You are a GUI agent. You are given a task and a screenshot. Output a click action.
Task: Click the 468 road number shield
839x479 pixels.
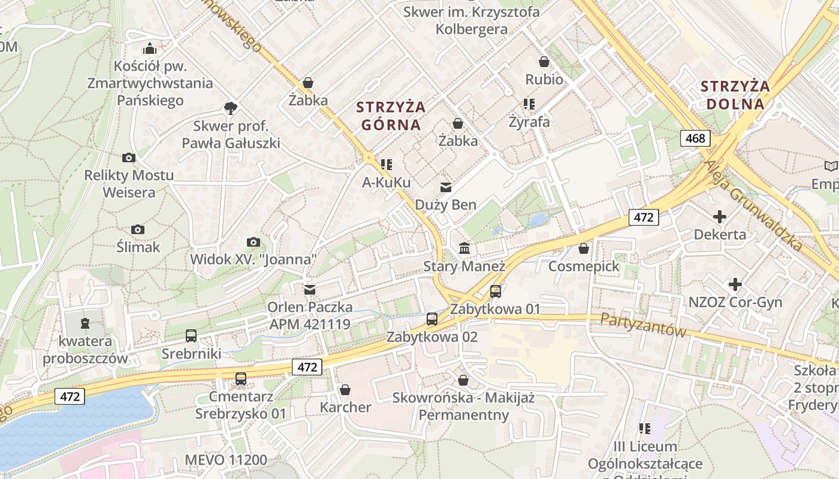pos(695,139)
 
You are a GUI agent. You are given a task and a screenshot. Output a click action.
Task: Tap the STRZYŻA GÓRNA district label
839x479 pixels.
pos(391,116)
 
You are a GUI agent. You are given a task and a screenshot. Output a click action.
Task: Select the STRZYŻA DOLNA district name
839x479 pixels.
pos(735,95)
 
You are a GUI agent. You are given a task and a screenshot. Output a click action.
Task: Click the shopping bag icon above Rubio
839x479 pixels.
pos(544,62)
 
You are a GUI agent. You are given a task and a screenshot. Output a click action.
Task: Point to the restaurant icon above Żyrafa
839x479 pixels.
pos(529,104)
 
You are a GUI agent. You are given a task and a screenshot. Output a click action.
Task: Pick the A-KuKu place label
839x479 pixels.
pos(387,182)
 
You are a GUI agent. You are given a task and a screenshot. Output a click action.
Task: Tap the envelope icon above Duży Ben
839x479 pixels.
pos(446,187)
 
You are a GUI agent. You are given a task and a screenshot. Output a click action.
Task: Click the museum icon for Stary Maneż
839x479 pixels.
pos(464,248)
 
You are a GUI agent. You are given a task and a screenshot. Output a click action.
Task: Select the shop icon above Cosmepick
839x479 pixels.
pos(584,248)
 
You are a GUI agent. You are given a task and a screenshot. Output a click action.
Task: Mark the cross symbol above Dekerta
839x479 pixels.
pos(720,216)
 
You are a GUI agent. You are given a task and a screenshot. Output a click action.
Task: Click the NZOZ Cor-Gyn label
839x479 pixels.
pos(735,302)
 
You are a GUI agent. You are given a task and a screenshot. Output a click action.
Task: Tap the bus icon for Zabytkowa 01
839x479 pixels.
pos(496,292)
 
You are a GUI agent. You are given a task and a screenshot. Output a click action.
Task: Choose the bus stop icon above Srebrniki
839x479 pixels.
pos(191,336)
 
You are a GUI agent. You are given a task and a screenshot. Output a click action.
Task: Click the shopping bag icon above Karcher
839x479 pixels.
pos(345,390)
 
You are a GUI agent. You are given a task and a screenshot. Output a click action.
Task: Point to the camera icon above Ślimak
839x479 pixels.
pos(138,229)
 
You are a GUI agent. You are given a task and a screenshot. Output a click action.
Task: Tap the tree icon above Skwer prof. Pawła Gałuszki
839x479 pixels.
pos(230,108)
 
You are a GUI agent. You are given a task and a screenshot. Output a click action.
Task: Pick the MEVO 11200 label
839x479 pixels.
pos(226,460)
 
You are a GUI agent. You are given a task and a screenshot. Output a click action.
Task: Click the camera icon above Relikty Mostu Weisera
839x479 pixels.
pos(129,158)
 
